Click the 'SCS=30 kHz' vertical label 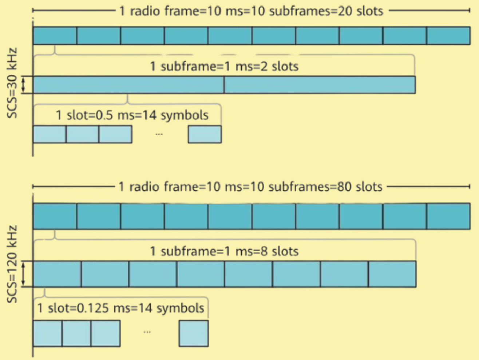[x=12, y=83]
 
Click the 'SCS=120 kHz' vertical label [x=12, y=264]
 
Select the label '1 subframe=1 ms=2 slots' [x=224, y=67]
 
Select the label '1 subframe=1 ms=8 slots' [x=224, y=251]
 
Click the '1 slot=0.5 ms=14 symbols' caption [x=132, y=116]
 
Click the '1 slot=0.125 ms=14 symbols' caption [x=120, y=308]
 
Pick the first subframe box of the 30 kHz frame [x=55, y=36]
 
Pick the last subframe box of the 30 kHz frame [x=448, y=36]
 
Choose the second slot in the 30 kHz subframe [x=320, y=85]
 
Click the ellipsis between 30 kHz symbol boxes [x=159, y=134]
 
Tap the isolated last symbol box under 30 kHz [x=205, y=134]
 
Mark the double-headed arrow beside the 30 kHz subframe [x=23, y=85]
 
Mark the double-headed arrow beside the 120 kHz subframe [x=23, y=274]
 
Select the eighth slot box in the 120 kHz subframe [x=392, y=274]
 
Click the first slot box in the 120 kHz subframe [x=57, y=274]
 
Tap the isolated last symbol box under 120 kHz [x=194, y=333]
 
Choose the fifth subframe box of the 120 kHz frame [x=230, y=216]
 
